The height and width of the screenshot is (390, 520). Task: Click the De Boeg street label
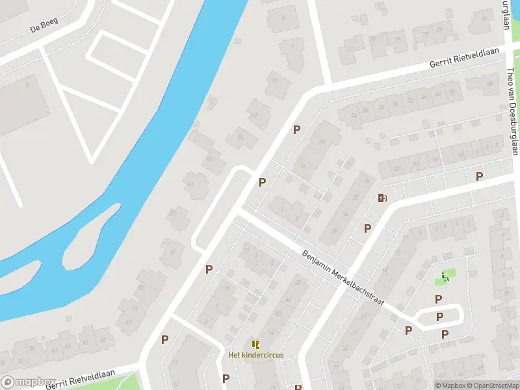click(x=44, y=25)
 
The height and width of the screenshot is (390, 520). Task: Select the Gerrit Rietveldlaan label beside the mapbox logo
click(x=80, y=379)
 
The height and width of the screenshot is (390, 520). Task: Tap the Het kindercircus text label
click(x=255, y=355)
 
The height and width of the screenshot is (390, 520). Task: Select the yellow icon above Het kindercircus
click(x=255, y=344)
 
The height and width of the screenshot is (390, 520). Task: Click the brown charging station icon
click(x=382, y=198)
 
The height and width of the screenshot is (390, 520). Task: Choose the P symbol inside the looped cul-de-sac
click(x=439, y=317)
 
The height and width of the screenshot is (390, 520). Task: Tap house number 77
click(x=426, y=34)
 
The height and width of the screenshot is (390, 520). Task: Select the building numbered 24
click(x=354, y=116)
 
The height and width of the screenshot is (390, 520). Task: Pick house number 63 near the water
click(x=209, y=158)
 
